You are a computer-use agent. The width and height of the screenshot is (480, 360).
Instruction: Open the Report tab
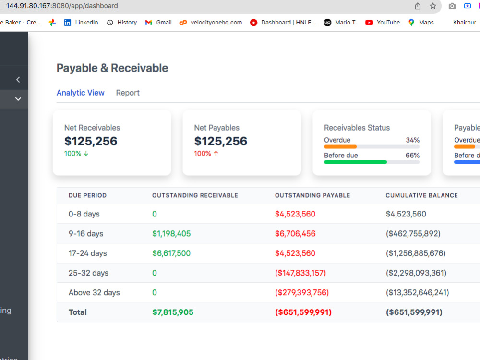pyautogui.click(x=128, y=93)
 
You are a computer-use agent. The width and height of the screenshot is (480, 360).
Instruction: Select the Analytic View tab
pyautogui.click(x=81, y=93)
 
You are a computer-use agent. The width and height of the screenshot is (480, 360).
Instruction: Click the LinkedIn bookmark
pyautogui.click(x=81, y=23)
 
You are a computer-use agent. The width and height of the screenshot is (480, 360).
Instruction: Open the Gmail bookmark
pyautogui.click(x=158, y=23)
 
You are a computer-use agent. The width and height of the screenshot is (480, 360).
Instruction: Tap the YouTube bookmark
pyautogui.click(x=383, y=23)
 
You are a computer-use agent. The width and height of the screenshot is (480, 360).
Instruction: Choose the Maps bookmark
pyautogui.click(x=421, y=23)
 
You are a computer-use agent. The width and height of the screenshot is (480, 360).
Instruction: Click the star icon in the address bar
pyautogui.click(x=433, y=6)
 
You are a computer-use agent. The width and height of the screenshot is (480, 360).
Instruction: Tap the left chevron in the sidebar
pyautogui.click(x=18, y=80)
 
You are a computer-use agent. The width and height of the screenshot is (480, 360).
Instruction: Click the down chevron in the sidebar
pyautogui.click(x=18, y=99)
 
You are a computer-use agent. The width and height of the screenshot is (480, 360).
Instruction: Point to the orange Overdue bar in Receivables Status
pyautogui.click(x=340, y=146)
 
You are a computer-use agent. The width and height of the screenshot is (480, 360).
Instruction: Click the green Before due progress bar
pyautogui.click(x=355, y=162)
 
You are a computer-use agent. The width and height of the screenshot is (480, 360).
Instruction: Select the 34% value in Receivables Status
pyautogui.click(x=413, y=140)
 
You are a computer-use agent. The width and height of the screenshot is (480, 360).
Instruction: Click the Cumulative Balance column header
pyautogui.click(x=422, y=195)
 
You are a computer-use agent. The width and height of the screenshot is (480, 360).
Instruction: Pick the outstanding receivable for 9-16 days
pyautogui.click(x=171, y=234)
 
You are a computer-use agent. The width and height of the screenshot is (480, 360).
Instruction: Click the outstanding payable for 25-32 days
pyautogui.click(x=300, y=273)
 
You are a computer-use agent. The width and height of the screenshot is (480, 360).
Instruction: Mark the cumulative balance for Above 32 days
pyautogui.click(x=417, y=292)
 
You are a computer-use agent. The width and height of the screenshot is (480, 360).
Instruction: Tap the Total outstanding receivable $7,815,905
pyautogui.click(x=173, y=312)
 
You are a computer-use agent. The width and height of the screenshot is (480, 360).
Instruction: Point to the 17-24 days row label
pyautogui.click(x=87, y=253)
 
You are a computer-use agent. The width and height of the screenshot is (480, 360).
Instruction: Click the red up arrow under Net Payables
pyautogui.click(x=216, y=154)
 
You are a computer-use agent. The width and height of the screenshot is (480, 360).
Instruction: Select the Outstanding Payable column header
pyautogui.click(x=312, y=195)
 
